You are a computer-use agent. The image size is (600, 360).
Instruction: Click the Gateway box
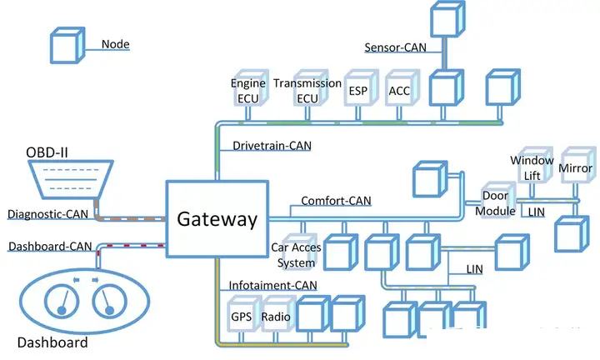pyautogui.click(x=217, y=219)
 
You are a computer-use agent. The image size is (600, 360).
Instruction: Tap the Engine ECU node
pyautogui.click(x=251, y=88)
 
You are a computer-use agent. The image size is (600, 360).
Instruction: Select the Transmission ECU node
pyautogui.click(x=310, y=88)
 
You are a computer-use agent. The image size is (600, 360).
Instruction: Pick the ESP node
pyautogui.click(x=361, y=88)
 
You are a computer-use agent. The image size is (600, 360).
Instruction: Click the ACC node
pyautogui.click(x=402, y=88)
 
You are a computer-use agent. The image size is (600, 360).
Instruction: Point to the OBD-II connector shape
pyautogui.click(x=71, y=179)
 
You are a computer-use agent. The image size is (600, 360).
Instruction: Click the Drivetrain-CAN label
pyautogui.click(x=272, y=146)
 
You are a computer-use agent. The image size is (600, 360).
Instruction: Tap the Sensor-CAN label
pyautogui.click(x=395, y=47)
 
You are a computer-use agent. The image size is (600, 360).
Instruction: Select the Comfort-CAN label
pyautogui.click(x=336, y=201)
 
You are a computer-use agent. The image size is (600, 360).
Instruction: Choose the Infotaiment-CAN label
pyautogui.click(x=272, y=285)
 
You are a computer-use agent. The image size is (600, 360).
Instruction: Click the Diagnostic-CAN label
pyautogui.click(x=47, y=214)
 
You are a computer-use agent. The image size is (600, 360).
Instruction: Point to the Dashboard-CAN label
pyautogui.click(x=50, y=247)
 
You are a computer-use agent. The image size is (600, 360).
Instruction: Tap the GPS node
pyautogui.click(x=244, y=313)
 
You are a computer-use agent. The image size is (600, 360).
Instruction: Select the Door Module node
pyautogui.click(x=497, y=200)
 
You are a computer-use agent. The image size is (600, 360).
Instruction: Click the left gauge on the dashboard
pyautogui.click(x=62, y=301)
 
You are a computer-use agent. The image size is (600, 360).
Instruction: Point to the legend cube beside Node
pyautogui.click(x=67, y=45)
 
